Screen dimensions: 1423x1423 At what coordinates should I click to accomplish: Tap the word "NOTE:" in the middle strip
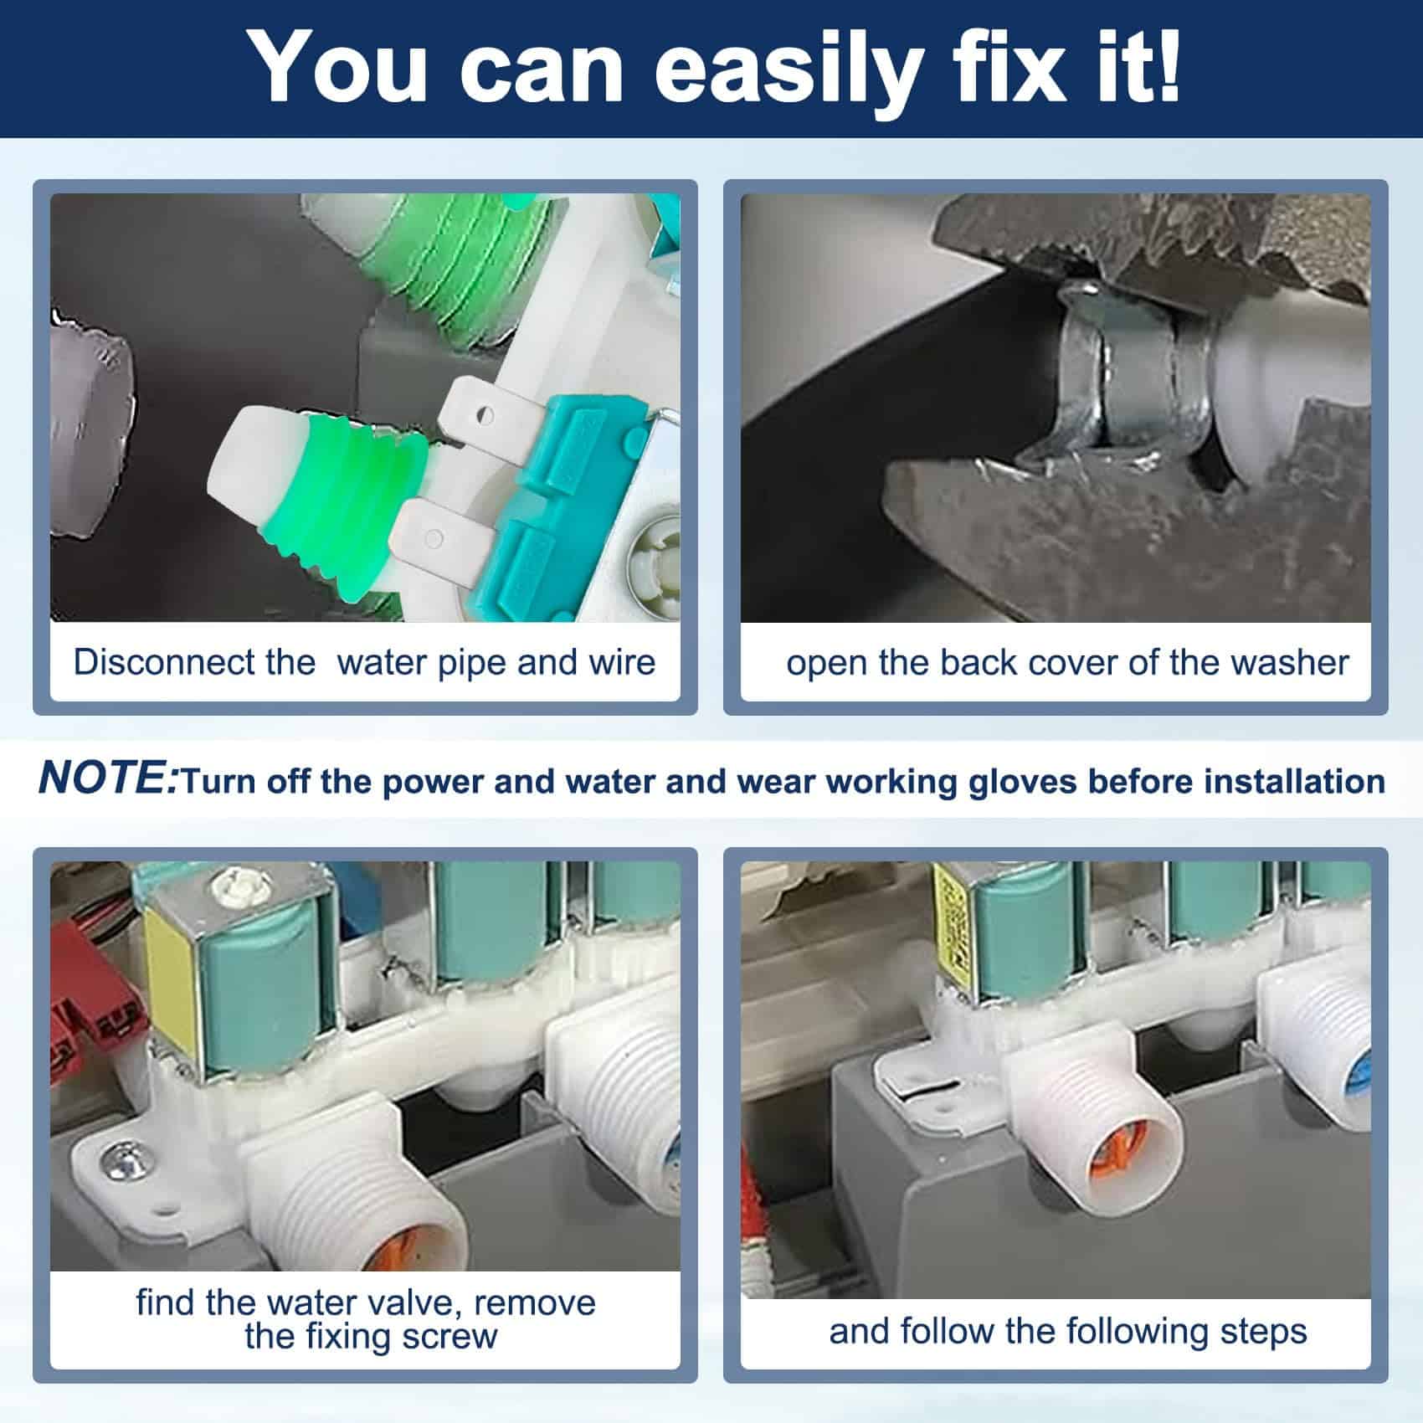coord(107,778)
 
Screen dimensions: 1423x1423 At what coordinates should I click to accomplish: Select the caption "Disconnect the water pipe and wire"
coord(364,662)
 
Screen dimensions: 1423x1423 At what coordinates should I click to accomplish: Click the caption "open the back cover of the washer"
coord(1067,663)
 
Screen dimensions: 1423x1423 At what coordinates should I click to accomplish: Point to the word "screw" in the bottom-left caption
coord(450,1336)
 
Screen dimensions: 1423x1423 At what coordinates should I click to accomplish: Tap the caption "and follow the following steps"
coord(1067,1331)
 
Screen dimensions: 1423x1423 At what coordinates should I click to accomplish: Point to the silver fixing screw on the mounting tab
coord(115,1158)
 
